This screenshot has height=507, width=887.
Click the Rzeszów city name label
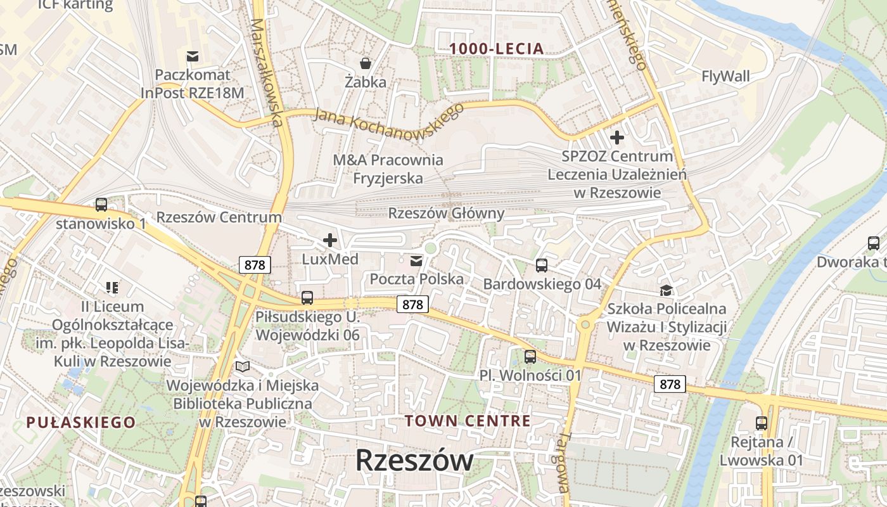(x=414, y=460)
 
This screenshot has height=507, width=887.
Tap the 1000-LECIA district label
(x=497, y=48)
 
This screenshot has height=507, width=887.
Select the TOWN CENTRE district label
(x=468, y=421)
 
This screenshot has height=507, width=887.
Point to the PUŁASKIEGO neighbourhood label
(x=81, y=422)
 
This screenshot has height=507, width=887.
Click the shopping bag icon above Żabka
(x=366, y=63)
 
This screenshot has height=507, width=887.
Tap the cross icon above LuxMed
(x=329, y=240)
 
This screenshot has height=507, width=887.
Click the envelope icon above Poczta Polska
(x=416, y=260)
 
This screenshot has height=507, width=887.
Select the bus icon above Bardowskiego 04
(x=541, y=265)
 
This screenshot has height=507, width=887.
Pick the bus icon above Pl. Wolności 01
(x=530, y=357)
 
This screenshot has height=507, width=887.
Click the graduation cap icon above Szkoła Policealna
(x=666, y=290)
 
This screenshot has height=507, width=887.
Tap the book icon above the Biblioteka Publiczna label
(x=242, y=366)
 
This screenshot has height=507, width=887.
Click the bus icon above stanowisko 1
(x=101, y=205)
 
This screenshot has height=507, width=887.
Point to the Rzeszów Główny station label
(x=446, y=214)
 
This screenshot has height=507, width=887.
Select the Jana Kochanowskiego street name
(x=389, y=117)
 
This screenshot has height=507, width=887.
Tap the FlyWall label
(x=725, y=77)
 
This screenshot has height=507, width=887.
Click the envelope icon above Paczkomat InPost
(x=193, y=56)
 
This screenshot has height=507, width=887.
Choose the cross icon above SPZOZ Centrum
(x=616, y=137)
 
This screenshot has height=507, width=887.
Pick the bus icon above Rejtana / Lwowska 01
(x=761, y=423)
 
